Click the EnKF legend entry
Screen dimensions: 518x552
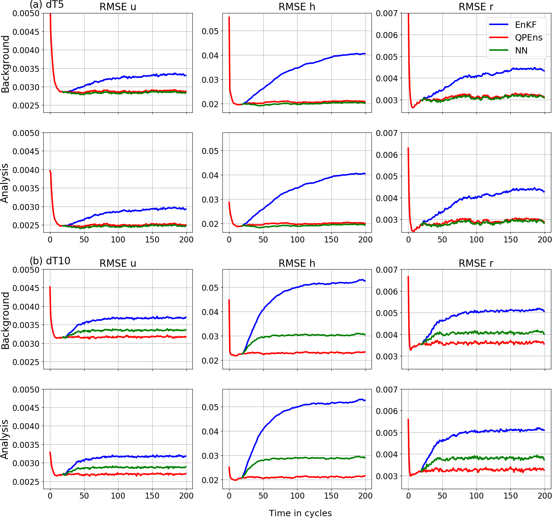[x=525, y=25]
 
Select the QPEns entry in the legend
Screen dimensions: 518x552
[x=528, y=38]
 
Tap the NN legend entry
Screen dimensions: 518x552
[x=521, y=51]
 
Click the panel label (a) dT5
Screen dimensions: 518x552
[x=47, y=5]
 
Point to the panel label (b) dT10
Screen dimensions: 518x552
[x=50, y=261]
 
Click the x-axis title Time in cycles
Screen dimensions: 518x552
[x=300, y=513]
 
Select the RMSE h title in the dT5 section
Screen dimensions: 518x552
[x=297, y=7]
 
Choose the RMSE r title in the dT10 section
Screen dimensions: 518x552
[x=476, y=263]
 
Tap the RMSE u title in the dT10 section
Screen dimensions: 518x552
[x=118, y=263]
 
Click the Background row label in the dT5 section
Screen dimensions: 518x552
[x=5, y=64]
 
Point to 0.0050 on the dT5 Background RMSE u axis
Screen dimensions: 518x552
[x=26, y=13]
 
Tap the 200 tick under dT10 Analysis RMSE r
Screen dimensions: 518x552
[x=545, y=496]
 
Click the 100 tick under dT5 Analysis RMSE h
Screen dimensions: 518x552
[x=297, y=240]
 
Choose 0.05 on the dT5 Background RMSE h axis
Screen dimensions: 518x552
[x=210, y=31]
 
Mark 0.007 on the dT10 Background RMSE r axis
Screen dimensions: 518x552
[x=387, y=270]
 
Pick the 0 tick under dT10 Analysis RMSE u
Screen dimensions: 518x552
[x=50, y=496]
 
